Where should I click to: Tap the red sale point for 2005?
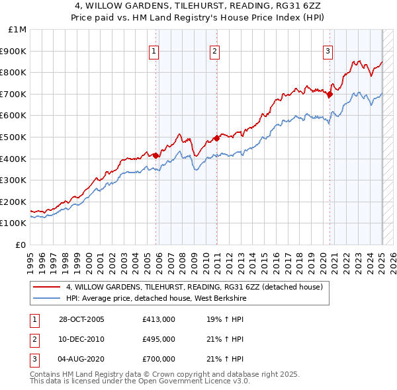[156, 156]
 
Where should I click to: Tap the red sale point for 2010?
[216, 138]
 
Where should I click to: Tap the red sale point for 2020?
[330, 94]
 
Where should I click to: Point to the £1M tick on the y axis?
[18, 30]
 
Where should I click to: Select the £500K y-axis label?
[14, 137]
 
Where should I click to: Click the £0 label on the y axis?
[21, 245]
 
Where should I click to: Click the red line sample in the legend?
[46, 287]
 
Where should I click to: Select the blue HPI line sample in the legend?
[46, 297]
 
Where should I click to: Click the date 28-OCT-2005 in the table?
[81, 319]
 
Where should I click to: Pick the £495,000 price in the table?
[159, 339]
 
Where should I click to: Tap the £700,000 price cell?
[159, 359]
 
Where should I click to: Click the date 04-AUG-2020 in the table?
[81, 359]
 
